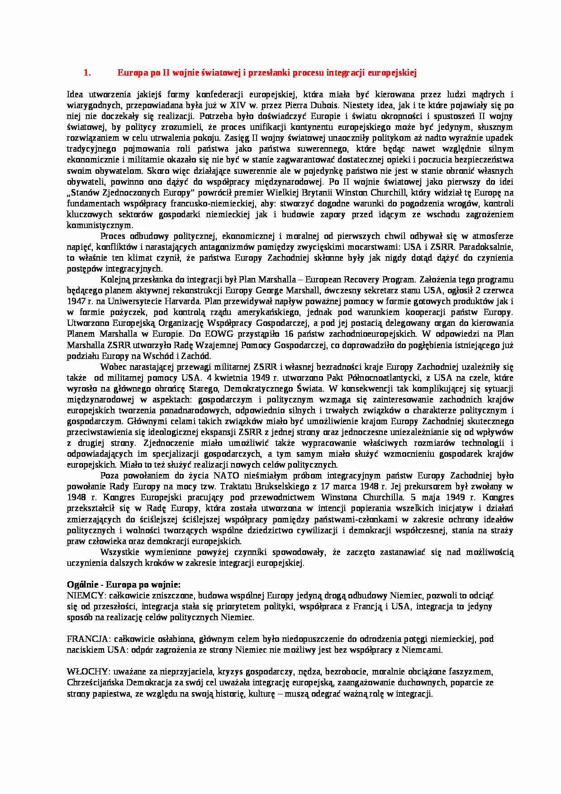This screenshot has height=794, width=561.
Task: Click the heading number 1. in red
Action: [87, 72]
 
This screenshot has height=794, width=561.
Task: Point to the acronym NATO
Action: [226, 476]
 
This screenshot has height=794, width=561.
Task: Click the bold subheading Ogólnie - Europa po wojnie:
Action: [124, 584]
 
